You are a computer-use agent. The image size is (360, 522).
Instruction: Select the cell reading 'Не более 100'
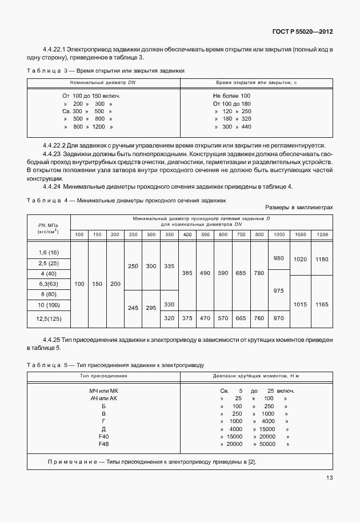coord(231,95)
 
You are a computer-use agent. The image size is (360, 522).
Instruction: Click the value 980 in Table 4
coord(278,258)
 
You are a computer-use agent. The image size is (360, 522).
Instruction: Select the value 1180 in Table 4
coord(322,259)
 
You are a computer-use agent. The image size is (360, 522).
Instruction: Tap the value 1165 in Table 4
coord(322,305)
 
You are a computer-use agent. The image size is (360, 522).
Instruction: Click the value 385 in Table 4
coord(187,273)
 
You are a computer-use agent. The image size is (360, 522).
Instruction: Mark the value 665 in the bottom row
coord(240,318)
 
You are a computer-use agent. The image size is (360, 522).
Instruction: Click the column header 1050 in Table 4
coord(300,234)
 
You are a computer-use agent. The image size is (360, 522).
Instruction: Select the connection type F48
coord(103,444)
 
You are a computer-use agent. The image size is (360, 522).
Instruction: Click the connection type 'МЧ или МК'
coord(103,390)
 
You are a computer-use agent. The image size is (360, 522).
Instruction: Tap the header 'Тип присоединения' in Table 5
coord(103,376)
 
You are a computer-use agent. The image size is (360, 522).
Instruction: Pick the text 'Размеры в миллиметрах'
coord(299,208)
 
